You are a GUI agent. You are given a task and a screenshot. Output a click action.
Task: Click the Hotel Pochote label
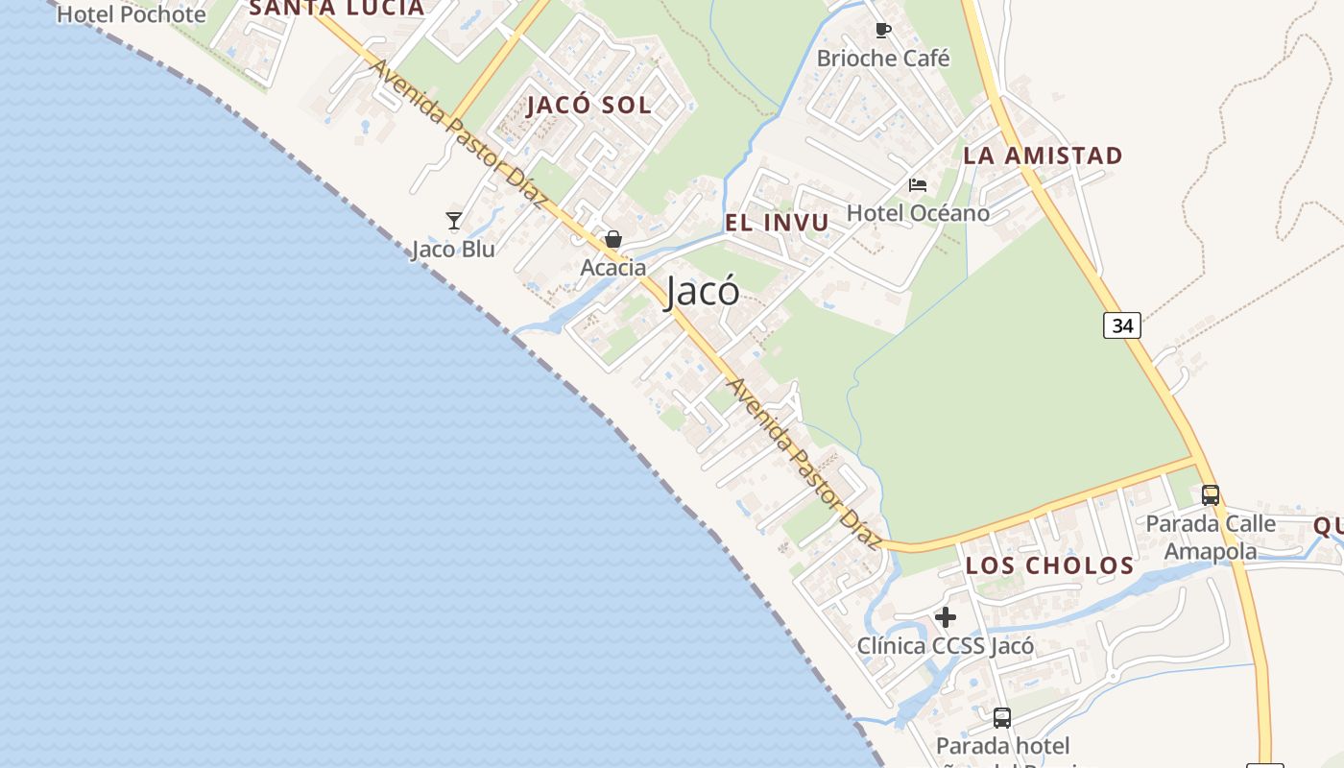(x=132, y=14)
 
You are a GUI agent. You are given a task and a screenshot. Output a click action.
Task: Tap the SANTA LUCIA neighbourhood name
(x=336, y=9)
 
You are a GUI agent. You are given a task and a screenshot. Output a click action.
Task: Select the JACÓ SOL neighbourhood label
(x=588, y=106)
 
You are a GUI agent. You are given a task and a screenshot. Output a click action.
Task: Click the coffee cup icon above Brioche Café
(x=883, y=31)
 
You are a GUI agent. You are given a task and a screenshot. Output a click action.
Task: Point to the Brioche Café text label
(x=883, y=59)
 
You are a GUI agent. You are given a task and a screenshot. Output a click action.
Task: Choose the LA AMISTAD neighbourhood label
(x=1043, y=156)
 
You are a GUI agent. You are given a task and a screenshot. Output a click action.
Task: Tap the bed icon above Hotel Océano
(x=918, y=185)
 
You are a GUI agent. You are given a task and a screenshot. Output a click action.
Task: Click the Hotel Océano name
(x=918, y=213)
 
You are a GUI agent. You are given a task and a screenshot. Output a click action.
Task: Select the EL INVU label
(x=777, y=224)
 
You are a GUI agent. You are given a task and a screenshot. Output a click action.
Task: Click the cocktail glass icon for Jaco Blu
(x=454, y=221)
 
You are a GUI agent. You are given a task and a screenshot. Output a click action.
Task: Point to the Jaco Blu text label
(x=453, y=250)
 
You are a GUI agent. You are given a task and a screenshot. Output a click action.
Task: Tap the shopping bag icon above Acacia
(x=613, y=239)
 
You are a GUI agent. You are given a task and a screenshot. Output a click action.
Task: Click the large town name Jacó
(x=702, y=292)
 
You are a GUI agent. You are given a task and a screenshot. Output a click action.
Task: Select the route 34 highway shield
(x=1121, y=325)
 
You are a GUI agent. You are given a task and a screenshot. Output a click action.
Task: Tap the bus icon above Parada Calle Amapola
(x=1211, y=495)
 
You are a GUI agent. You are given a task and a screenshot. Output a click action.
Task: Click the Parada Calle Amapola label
(x=1211, y=538)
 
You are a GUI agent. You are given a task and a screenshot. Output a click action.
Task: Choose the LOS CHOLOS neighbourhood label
(x=1049, y=565)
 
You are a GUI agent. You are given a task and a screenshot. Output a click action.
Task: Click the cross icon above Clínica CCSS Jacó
(x=946, y=617)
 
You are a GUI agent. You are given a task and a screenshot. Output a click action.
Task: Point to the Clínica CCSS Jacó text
(x=946, y=646)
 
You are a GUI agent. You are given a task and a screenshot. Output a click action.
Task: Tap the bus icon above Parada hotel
(x=1002, y=717)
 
